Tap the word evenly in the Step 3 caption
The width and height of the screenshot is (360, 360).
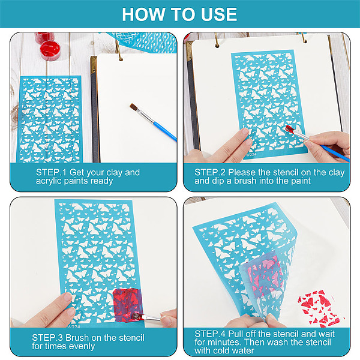[82, 346]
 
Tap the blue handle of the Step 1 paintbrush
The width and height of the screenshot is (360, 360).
[165, 131]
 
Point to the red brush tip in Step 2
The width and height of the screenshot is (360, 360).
[290, 129]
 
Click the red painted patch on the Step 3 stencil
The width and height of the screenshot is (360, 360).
[127, 304]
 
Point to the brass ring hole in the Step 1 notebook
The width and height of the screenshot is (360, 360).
[121, 59]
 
